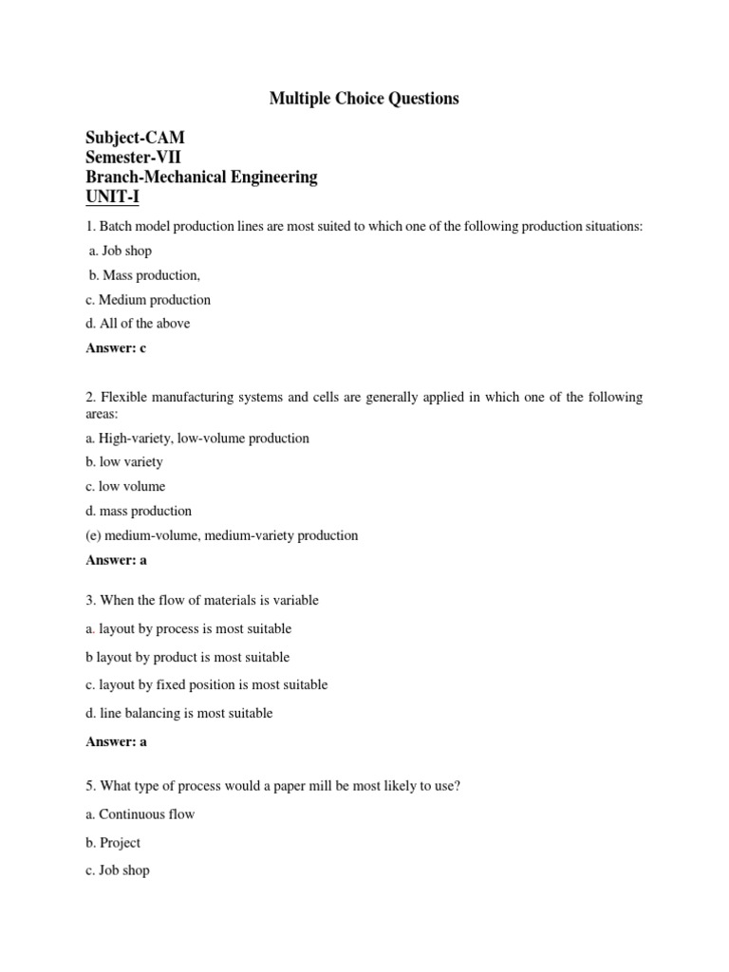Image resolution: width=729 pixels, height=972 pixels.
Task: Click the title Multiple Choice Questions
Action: click(364, 99)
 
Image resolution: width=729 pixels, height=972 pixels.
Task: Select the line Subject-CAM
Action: click(136, 139)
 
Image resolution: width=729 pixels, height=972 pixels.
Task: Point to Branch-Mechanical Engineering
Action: click(202, 178)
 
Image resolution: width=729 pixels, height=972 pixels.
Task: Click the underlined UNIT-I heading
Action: click(112, 197)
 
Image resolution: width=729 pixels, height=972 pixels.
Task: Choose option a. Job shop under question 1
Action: click(119, 252)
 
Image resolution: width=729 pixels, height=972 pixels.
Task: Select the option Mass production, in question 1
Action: click(144, 275)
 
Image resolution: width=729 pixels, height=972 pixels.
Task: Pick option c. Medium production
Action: click(148, 300)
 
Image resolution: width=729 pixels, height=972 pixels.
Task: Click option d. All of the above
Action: click(138, 324)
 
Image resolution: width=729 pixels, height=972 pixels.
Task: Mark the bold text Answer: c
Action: click(116, 348)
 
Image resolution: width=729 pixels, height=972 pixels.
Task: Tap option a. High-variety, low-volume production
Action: click(197, 439)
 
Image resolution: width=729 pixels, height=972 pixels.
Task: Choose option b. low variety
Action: click(124, 462)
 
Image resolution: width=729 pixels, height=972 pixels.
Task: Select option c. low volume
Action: click(125, 487)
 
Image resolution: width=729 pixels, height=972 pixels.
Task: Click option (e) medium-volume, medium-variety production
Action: click(222, 535)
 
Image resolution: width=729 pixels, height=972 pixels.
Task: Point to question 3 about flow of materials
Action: click(202, 600)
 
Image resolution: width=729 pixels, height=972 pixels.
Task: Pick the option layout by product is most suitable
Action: click(188, 657)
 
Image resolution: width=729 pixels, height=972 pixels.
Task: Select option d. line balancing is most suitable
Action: click(179, 713)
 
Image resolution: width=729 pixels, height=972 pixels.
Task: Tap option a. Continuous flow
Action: click(140, 814)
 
